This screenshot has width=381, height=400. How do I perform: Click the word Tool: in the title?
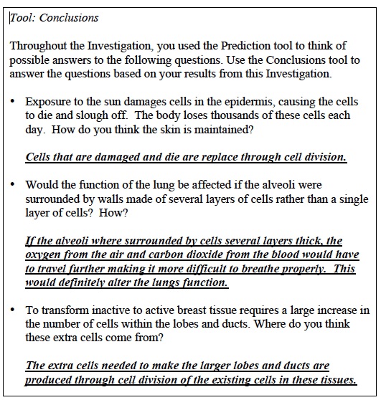click(x=25, y=17)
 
